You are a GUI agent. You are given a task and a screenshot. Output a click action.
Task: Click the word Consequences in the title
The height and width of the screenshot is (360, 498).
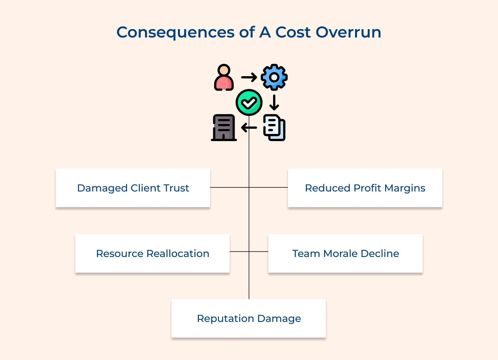pyautogui.click(x=175, y=32)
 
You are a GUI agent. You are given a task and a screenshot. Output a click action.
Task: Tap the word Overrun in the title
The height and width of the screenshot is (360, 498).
pyautogui.click(x=348, y=32)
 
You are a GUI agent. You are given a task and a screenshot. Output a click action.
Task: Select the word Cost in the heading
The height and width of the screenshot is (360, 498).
pyautogui.click(x=293, y=32)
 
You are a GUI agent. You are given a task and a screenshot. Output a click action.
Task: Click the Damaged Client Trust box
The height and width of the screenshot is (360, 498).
pyautogui.click(x=133, y=188)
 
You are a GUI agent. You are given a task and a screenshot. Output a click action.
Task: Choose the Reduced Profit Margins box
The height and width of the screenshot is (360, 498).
pyautogui.click(x=365, y=188)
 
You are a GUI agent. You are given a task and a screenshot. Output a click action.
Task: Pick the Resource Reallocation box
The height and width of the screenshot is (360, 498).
pyautogui.click(x=152, y=253)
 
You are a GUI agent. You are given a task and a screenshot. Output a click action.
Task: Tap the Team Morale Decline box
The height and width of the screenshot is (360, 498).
pyautogui.click(x=345, y=253)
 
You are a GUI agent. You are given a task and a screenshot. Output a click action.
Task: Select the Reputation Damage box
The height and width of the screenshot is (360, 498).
pyautogui.click(x=249, y=318)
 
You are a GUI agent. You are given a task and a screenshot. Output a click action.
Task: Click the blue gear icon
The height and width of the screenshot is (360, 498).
pyautogui.click(x=274, y=77)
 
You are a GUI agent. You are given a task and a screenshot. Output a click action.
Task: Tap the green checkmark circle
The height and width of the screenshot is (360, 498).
pyautogui.click(x=249, y=102)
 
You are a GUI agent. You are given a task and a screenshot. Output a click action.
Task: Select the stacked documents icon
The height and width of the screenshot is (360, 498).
pyautogui.click(x=274, y=128)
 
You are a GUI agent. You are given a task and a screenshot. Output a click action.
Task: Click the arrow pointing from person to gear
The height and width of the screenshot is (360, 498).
pyautogui.click(x=249, y=77)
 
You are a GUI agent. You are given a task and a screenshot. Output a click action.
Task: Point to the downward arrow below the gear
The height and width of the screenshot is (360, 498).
pyautogui.click(x=274, y=102)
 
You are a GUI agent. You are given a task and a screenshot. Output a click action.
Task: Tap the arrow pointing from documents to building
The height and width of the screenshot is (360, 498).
pyautogui.click(x=249, y=128)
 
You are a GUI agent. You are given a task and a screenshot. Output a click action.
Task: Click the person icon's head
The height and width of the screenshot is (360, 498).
pyautogui.click(x=224, y=69)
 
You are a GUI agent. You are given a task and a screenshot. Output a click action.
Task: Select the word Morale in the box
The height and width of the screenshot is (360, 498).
pyautogui.click(x=340, y=253)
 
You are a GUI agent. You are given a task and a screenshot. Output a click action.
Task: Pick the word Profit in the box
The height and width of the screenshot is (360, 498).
pyautogui.click(x=367, y=188)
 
